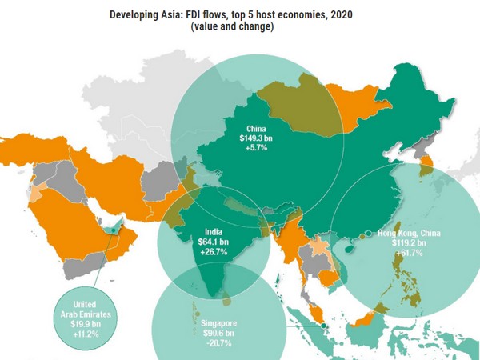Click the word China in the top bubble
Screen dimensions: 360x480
[x=256, y=127]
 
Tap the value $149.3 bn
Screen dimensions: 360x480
[x=256, y=138]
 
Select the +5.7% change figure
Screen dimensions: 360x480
[x=256, y=149]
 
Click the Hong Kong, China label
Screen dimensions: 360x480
[x=407, y=233]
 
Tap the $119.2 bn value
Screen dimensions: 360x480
[x=407, y=242]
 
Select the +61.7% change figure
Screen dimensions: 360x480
[x=407, y=253]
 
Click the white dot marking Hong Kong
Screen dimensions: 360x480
[x=367, y=234]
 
